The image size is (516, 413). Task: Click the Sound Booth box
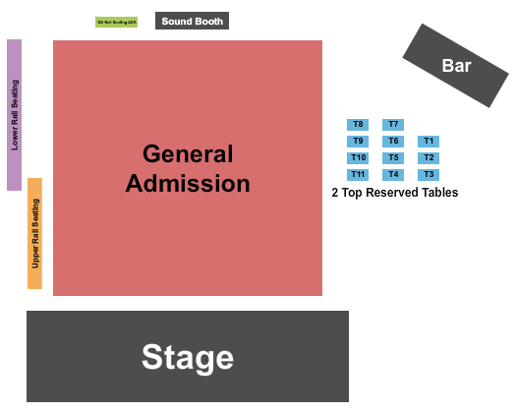point(193,21)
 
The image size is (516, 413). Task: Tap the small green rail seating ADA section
point(116,22)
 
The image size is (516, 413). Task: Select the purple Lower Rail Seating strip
point(15,115)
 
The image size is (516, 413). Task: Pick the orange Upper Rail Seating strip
point(35,233)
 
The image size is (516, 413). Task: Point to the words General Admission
point(188,168)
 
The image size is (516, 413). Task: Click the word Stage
point(188,356)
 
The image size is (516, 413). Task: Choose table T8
point(358,125)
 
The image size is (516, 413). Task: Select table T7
point(393,125)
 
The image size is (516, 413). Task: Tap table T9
point(358,142)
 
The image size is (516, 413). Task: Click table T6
point(393,142)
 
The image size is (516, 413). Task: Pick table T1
point(429,142)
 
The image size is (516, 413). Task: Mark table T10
point(358,158)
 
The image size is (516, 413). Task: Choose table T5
point(393,158)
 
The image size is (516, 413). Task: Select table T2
point(429,158)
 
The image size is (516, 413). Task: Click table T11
point(358,175)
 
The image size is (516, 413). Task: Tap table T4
point(393,175)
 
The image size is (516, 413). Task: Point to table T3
point(429,175)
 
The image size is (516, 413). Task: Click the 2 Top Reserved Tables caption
point(395,193)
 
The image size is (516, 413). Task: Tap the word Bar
point(456,66)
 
